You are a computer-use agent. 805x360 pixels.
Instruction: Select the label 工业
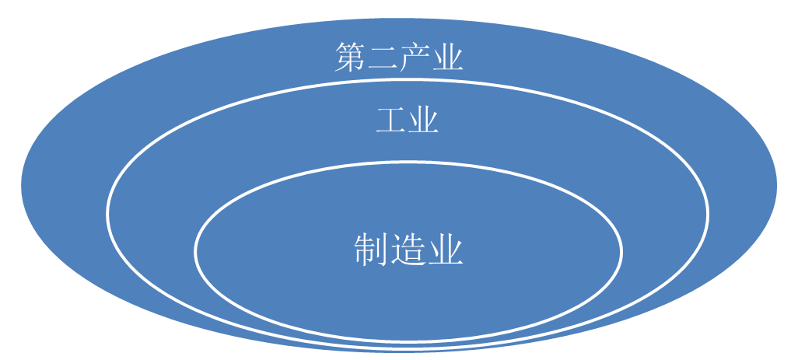point(407,121)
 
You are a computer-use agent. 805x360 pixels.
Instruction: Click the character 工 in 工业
point(390,121)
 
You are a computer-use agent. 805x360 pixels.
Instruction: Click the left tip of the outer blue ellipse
point(21,185)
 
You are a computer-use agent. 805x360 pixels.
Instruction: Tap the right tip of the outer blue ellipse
point(777,185)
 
